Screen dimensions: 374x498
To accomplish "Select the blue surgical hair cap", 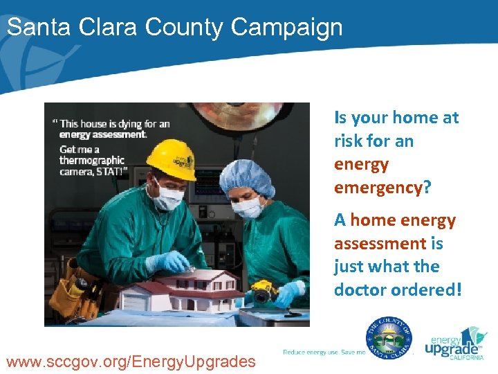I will (x=246, y=177).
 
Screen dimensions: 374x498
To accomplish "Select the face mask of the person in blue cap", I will (x=249, y=206).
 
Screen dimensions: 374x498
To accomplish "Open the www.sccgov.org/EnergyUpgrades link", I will (x=130, y=361).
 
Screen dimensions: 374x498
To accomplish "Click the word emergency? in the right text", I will (x=382, y=188).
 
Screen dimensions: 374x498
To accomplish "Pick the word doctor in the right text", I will (x=361, y=290).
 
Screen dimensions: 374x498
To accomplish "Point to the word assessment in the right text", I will (x=380, y=243).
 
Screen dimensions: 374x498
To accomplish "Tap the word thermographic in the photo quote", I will (x=92, y=161).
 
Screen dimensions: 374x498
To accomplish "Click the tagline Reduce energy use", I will (x=311, y=353).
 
